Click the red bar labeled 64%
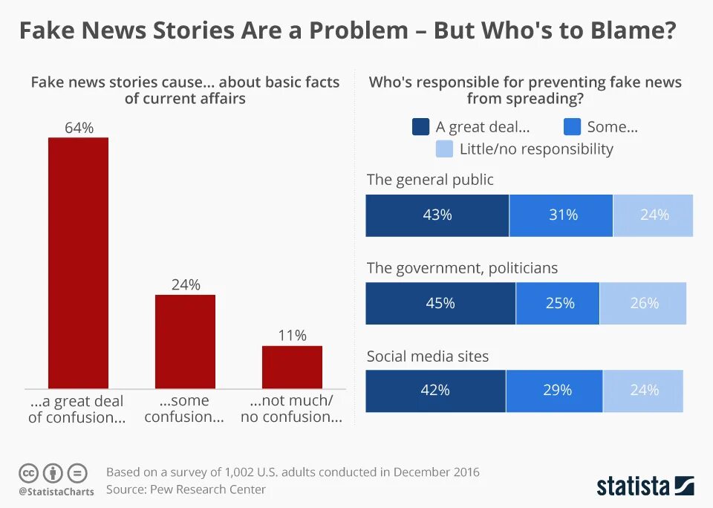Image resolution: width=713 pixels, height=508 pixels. click(x=78, y=263)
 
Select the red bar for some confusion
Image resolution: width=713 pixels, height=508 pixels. click(x=185, y=342)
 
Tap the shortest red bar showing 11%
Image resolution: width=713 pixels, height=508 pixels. click(x=292, y=367)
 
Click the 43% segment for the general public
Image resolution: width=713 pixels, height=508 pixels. click(x=437, y=215)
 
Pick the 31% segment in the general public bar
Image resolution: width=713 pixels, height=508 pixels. click(x=561, y=215)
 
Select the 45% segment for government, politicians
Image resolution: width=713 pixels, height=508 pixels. click(x=440, y=303)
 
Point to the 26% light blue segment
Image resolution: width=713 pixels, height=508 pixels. click(x=643, y=303)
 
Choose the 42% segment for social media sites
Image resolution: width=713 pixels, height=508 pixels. click(x=435, y=390)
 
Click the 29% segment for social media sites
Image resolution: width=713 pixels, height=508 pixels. click(x=555, y=390)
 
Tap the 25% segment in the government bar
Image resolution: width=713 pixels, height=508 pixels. click(x=558, y=303)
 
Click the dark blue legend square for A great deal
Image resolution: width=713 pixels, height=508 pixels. click(x=420, y=127)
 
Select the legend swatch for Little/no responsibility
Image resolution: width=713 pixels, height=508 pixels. click(x=444, y=149)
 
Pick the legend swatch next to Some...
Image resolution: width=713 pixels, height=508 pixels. click(x=572, y=127)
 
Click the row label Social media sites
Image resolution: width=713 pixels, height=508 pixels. click(x=428, y=356)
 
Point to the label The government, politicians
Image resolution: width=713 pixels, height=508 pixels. click(x=462, y=267)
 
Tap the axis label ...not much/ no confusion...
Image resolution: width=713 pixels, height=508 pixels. click(x=291, y=408)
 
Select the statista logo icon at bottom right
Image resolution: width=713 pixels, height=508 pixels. click(x=684, y=486)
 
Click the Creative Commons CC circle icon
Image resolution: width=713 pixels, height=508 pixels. click(x=29, y=472)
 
